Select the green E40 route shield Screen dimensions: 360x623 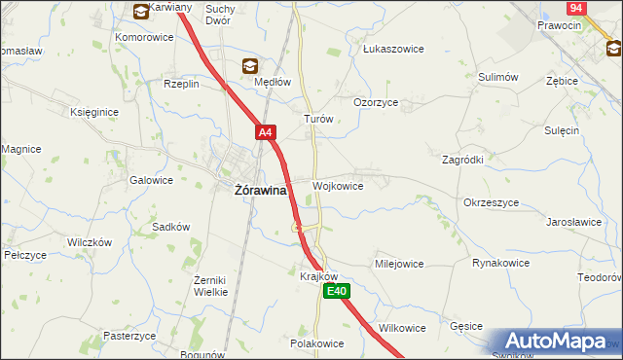[337, 291]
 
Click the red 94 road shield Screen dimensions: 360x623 [576, 7]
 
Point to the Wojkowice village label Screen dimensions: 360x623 [338, 186]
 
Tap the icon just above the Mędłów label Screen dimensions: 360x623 [250, 66]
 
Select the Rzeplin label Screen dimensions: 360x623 [181, 84]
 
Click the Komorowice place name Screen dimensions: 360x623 [144, 37]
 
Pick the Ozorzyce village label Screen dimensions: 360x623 [376, 101]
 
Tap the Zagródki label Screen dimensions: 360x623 [462, 159]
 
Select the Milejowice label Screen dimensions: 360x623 [399, 264]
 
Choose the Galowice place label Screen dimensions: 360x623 [151, 180]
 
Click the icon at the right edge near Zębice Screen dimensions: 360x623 [615, 48]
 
